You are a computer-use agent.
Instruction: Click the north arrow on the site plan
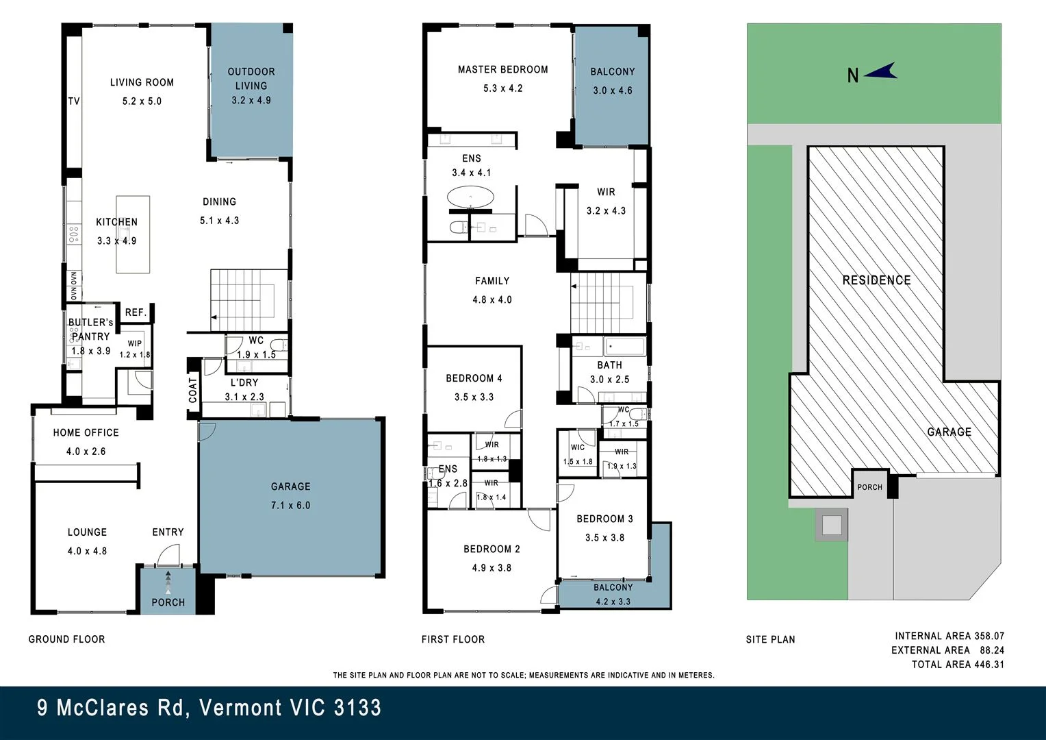coord(881,73)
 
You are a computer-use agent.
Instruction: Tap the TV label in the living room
coord(74,101)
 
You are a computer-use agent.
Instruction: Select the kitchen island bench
coord(133,234)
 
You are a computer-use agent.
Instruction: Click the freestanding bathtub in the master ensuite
coord(471,197)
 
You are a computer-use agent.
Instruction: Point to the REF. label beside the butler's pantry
coord(136,312)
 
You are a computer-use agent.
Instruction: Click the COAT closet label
coord(193,391)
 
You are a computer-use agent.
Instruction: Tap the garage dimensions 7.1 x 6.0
coord(290,506)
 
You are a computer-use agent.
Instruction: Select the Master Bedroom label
coord(503,70)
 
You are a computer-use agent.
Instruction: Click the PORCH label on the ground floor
coord(168,602)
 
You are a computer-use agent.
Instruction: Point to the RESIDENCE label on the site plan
coord(876,280)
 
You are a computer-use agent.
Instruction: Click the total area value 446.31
coord(988,664)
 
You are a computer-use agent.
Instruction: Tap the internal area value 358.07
coord(988,636)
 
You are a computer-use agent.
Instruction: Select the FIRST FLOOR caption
coord(453,639)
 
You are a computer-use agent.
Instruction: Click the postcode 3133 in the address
coord(358,708)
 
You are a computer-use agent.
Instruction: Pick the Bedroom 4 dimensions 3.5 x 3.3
coord(474,397)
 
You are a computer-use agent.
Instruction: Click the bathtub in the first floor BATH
coord(625,347)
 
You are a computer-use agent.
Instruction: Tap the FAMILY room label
coord(492,281)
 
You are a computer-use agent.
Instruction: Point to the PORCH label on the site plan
coord(869,487)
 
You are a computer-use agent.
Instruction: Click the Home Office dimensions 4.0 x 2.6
coord(86,452)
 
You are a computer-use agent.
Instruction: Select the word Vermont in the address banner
coord(240,708)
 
